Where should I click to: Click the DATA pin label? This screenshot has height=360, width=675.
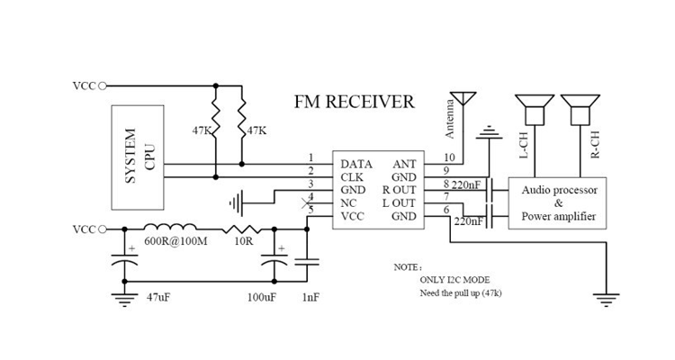[x=357, y=165]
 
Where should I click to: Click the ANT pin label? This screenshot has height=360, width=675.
[x=403, y=165]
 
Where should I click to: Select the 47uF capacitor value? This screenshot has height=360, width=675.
[x=160, y=297]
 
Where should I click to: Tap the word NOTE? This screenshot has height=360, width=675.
[x=407, y=268]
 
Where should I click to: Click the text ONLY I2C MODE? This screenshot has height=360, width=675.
[x=454, y=281]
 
